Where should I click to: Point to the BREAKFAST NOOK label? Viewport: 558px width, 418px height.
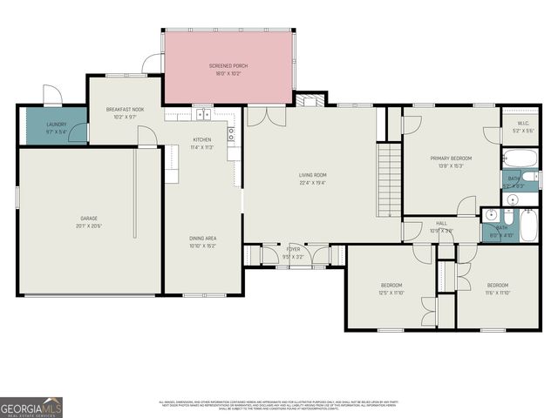[x=125, y=110]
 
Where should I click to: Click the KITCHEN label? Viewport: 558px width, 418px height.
[x=201, y=139]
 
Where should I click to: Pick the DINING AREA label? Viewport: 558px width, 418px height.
[x=203, y=238]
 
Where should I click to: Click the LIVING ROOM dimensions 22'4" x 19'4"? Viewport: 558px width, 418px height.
[x=312, y=183]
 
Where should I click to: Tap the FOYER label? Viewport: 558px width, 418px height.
[x=293, y=249]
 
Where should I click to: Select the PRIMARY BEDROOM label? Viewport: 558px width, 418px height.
[x=451, y=158]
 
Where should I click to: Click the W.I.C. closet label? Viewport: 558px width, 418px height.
[x=523, y=124]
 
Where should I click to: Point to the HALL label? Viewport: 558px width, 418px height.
[x=442, y=224]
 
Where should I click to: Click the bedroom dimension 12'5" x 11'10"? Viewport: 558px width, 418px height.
[x=391, y=293]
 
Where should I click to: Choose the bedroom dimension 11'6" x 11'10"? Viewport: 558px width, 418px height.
[x=498, y=293]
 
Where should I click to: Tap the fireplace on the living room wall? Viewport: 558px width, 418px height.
[x=308, y=100]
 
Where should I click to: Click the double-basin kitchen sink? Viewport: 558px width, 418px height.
[x=201, y=114]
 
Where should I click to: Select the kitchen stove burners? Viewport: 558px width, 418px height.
[x=231, y=134]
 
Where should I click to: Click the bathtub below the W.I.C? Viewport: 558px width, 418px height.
[x=520, y=159]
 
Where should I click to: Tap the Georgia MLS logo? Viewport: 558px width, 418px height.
[x=31, y=407]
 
